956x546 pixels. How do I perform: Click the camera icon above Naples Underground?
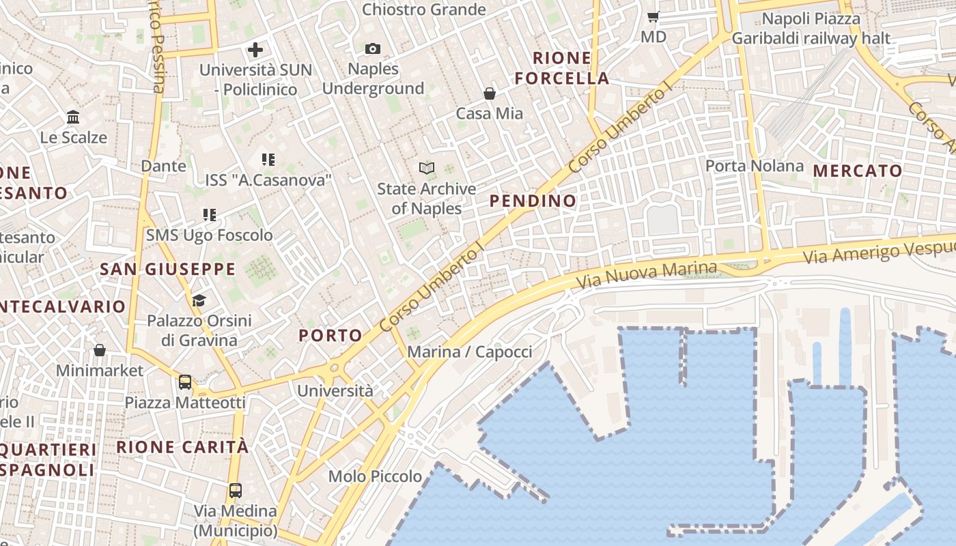[x=372, y=48]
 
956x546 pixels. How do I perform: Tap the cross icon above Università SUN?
[x=255, y=50]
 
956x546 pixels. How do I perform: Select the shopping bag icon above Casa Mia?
[x=489, y=94]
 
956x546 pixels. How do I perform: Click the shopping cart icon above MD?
[x=653, y=17]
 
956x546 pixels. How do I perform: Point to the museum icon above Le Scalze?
[x=73, y=117]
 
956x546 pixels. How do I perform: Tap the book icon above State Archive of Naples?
[x=427, y=168]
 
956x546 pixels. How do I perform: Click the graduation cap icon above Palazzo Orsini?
[x=199, y=300]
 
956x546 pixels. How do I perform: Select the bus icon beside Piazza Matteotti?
[x=185, y=382]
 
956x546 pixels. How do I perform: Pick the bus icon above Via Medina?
[x=236, y=490]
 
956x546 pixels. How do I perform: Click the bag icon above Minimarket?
[x=100, y=350]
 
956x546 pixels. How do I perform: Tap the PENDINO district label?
[x=533, y=201]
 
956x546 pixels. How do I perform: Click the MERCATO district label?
[x=858, y=171]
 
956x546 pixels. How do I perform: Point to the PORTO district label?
[x=331, y=335]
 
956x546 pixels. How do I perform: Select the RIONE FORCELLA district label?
[x=562, y=68]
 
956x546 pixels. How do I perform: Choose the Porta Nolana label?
[x=755, y=166]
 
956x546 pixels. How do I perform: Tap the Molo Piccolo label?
[x=375, y=476]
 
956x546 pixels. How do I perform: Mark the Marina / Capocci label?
[x=469, y=351]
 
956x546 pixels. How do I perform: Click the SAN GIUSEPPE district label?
[x=168, y=269]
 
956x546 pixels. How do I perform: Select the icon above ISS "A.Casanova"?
[x=268, y=160]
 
